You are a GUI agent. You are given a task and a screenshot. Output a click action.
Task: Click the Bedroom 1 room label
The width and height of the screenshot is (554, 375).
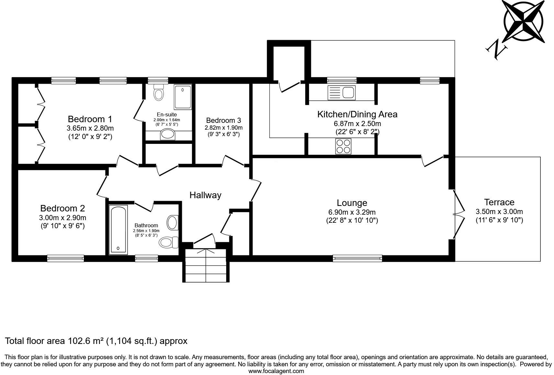click(90, 119)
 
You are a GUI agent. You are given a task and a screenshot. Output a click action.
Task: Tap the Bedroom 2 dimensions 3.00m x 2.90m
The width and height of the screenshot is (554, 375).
click(62, 218)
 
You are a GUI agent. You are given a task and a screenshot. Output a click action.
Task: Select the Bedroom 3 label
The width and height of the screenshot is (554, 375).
click(224, 120)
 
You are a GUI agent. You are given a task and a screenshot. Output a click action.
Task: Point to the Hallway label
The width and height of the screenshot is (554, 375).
click(205, 195)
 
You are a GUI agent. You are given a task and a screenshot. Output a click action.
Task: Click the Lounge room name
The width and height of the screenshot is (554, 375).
click(352, 203)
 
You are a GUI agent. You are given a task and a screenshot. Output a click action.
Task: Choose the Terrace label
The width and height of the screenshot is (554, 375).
click(499, 202)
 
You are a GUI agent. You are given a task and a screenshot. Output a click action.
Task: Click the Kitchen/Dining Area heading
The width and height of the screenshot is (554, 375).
click(357, 114)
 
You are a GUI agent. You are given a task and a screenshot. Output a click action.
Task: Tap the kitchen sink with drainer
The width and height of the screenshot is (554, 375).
click(341, 93)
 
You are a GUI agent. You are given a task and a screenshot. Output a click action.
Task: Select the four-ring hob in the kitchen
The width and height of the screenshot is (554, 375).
click(343, 146)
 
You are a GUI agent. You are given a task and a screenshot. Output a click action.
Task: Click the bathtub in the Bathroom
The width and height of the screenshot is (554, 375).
click(118, 230)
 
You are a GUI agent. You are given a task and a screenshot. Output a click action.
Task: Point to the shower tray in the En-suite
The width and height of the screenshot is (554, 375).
click(183, 97)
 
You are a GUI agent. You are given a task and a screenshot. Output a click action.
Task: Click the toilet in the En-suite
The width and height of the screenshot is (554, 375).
click(159, 93)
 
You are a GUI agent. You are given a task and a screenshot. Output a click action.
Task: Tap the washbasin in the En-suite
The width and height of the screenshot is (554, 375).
click(168, 134)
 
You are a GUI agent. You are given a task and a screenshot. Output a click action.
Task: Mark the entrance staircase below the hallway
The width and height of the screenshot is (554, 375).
click(206, 265)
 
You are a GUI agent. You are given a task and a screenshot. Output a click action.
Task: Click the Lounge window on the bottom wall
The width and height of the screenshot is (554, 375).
click(357, 258)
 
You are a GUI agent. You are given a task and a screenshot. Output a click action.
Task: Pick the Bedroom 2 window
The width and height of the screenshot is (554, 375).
click(66, 258)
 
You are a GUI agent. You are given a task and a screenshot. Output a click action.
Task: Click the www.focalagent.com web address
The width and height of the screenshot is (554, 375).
click(276, 371)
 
